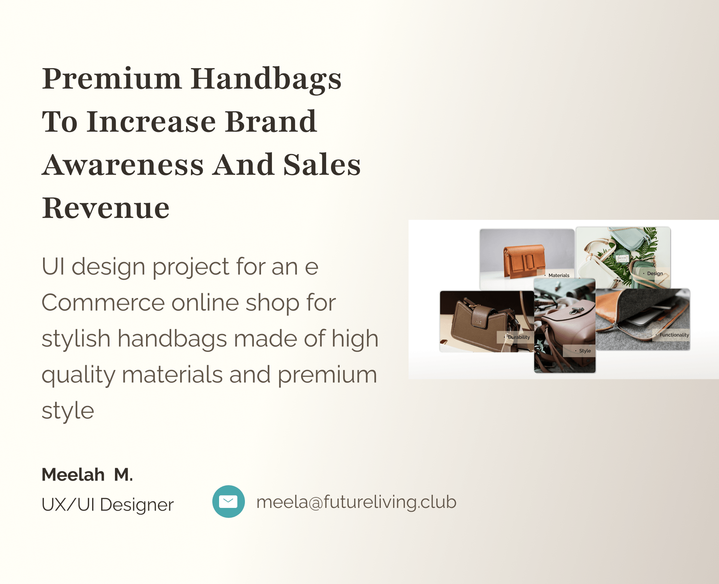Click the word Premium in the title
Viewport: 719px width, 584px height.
click(112, 79)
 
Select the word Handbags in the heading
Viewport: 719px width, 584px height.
click(266, 79)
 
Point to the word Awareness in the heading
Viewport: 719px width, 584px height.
click(123, 165)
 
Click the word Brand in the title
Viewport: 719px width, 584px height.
click(271, 121)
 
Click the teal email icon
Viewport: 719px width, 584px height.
click(228, 502)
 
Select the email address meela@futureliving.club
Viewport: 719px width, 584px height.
click(357, 502)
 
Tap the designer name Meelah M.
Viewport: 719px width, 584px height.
click(87, 475)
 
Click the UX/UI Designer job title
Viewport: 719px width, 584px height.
click(108, 505)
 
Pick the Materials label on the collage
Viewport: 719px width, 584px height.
click(559, 275)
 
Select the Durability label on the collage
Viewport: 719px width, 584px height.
click(519, 337)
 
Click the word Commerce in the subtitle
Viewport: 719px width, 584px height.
click(103, 302)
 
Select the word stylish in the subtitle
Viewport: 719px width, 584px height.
click(76, 338)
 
